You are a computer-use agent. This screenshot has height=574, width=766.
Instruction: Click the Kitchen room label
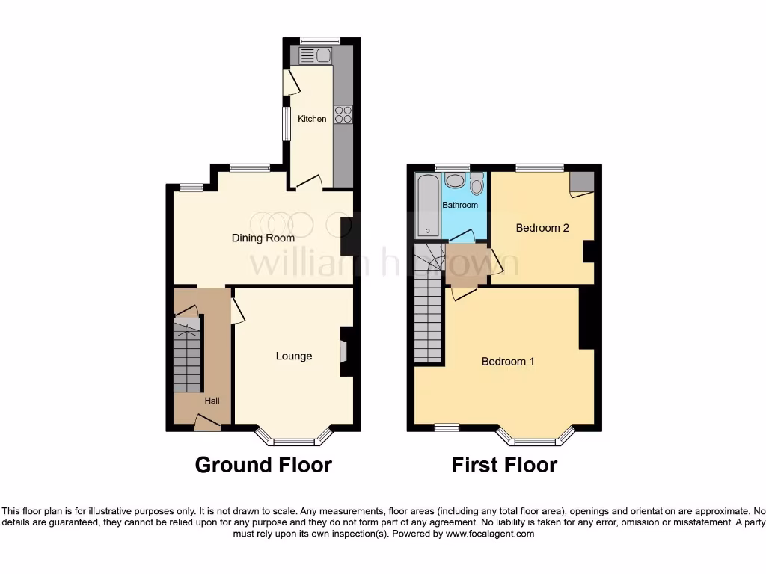(x=312, y=119)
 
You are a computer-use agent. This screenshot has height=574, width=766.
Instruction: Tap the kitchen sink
(x=315, y=55)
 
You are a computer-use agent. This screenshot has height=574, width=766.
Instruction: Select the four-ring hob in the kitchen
(x=343, y=114)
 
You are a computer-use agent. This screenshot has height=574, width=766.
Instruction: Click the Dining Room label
(x=262, y=238)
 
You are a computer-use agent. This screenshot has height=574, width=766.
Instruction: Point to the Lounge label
(x=294, y=356)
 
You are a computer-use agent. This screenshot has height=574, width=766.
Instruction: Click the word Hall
(x=212, y=401)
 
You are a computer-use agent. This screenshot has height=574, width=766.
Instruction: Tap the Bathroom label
(x=459, y=205)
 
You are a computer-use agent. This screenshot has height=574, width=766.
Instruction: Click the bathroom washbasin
(x=454, y=181)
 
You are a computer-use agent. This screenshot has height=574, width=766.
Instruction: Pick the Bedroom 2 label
(x=542, y=228)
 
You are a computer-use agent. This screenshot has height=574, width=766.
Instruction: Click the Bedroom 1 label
(x=508, y=362)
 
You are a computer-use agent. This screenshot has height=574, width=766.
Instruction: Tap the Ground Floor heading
(x=263, y=465)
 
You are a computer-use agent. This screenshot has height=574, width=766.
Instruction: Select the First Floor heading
(x=504, y=465)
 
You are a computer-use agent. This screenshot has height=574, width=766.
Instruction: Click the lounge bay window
(x=294, y=439)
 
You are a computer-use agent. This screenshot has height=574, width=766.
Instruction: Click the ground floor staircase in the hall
(x=188, y=354)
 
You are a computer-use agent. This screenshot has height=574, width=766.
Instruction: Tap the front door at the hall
(x=207, y=424)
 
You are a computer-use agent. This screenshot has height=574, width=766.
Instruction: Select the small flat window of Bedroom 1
(x=447, y=428)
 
